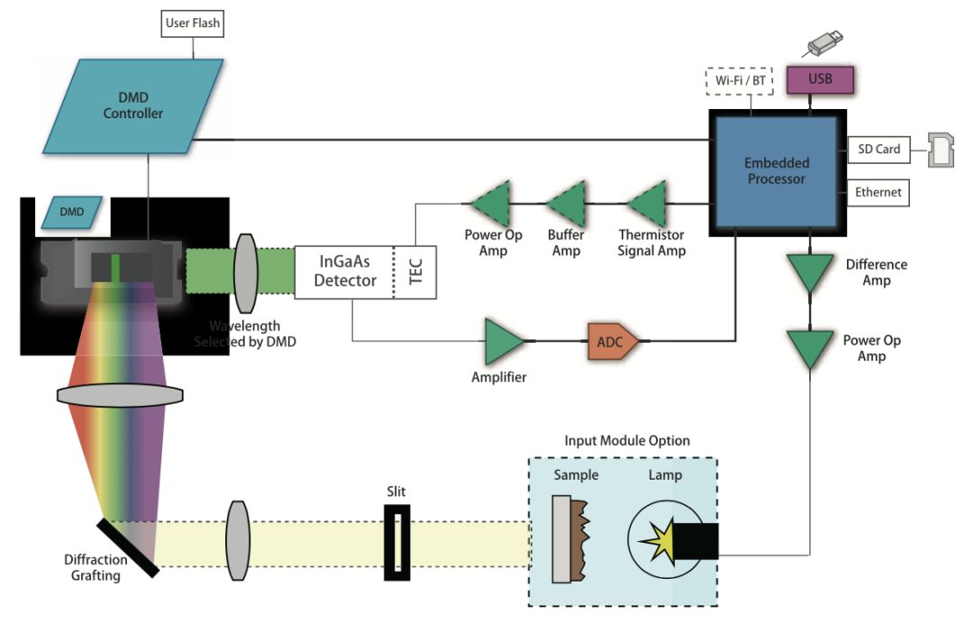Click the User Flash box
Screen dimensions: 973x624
click(x=193, y=23)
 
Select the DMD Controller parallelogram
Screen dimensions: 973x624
click(x=132, y=106)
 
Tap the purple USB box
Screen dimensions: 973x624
click(x=820, y=79)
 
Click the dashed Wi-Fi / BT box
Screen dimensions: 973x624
click(x=740, y=81)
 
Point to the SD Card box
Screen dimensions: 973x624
click(x=878, y=150)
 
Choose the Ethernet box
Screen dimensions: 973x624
click(x=878, y=192)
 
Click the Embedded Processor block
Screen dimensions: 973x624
click(x=777, y=172)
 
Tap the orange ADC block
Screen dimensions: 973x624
click(x=613, y=342)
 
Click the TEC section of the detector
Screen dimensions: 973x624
click(x=415, y=272)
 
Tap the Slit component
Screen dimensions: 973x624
click(x=396, y=543)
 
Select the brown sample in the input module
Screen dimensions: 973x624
click(x=581, y=540)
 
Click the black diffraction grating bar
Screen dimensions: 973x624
click(x=128, y=548)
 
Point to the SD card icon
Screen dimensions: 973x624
click(x=941, y=150)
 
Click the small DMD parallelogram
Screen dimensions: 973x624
click(x=71, y=212)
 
